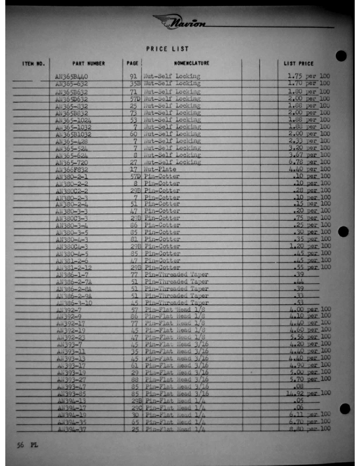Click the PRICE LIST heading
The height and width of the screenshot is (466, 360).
click(x=168, y=49)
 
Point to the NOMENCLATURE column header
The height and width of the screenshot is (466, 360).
click(x=191, y=63)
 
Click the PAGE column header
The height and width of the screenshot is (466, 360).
click(x=132, y=63)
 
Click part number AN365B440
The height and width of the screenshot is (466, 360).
click(x=72, y=76)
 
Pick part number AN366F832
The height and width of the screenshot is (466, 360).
click(x=72, y=169)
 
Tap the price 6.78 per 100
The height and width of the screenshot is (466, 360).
click(x=308, y=162)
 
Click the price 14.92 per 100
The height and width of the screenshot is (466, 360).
click(x=308, y=393)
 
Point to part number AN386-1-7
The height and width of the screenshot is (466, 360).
click(x=72, y=275)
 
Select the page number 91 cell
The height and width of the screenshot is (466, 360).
click(x=134, y=76)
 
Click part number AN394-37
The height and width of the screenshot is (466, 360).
click(x=72, y=429)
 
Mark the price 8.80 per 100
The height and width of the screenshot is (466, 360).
click(x=308, y=429)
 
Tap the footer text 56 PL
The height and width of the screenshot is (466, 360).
click(x=26, y=445)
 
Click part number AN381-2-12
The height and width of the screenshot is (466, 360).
click(x=73, y=268)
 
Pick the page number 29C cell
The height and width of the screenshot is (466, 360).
click(x=134, y=407)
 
